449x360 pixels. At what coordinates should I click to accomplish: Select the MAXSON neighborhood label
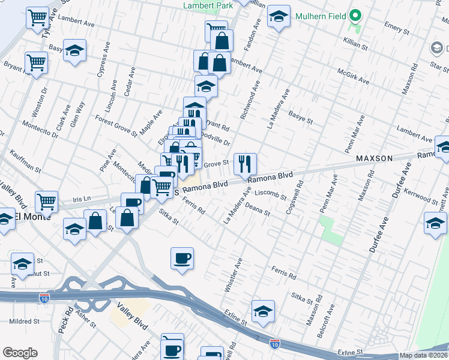pyautogui.click(x=373, y=158)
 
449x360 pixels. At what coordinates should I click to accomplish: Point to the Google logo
pyautogui.click(x=20, y=352)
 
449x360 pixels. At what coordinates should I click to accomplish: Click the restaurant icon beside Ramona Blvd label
pyautogui.click(x=244, y=164)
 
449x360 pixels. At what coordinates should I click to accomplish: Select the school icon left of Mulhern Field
pyautogui.click(x=278, y=18)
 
